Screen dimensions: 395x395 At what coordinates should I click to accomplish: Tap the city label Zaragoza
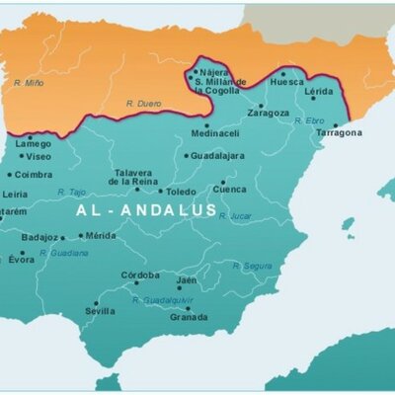tap(269, 114)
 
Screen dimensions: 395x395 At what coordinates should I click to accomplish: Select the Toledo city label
tap(181, 192)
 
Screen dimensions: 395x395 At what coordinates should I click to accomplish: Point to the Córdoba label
tap(139, 275)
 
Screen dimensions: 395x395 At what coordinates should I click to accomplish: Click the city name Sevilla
tap(100, 311)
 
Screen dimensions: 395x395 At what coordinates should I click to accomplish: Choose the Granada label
tap(189, 317)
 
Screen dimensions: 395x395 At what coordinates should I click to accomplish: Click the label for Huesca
tap(286, 82)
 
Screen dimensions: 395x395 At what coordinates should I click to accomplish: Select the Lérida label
tap(318, 90)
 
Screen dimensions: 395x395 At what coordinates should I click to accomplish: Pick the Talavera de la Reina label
tap(132, 177)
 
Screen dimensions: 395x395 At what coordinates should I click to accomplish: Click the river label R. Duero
tap(143, 103)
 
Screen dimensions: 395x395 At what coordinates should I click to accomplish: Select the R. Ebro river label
tap(309, 120)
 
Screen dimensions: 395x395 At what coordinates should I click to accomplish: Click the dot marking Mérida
tap(81, 236)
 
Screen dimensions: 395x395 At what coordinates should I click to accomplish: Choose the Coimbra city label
tap(33, 175)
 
